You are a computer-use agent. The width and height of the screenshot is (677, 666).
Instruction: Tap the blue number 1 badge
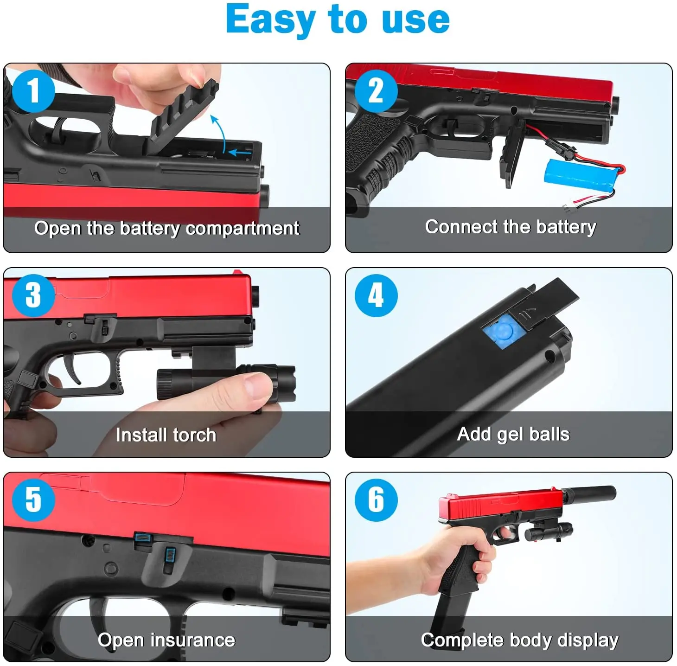point(33,91)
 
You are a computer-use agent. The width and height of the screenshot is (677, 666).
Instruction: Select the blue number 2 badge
point(376,91)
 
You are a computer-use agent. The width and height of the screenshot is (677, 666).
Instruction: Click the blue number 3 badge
point(33,295)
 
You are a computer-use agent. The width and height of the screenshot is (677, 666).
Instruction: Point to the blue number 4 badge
point(376,295)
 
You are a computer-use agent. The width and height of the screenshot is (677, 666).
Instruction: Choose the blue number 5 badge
point(33,500)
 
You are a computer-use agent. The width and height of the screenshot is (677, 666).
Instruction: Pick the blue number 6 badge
point(376,500)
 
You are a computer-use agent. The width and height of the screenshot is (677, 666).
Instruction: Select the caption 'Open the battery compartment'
point(166,228)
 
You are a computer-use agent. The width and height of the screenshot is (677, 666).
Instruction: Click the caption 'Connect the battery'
point(510,227)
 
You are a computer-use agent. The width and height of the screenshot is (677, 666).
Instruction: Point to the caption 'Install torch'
point(166,435)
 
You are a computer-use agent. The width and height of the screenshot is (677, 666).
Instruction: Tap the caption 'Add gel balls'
point(513,434)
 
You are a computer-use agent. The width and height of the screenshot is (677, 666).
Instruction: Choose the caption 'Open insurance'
point(166,640)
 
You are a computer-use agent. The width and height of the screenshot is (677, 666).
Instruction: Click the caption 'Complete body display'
point(519,640)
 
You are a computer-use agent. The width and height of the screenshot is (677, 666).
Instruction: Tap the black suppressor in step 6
point(589,493)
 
